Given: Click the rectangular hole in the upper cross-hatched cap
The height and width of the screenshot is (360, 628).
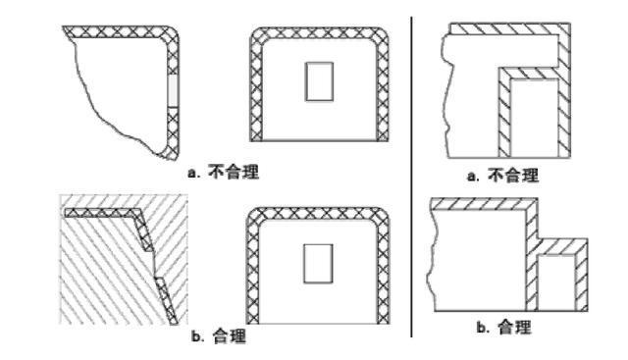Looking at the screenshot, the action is tap(319, 81).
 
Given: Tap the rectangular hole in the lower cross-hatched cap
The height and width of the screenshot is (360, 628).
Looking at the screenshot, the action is tap(318, 264).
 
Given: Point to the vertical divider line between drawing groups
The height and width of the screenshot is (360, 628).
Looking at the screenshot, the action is tap(411, 177).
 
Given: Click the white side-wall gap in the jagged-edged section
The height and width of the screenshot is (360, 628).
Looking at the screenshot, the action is tap(173, 90).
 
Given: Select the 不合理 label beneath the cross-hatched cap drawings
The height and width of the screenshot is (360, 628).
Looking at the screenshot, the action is tap(234, 173).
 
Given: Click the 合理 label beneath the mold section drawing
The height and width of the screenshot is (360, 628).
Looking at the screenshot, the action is tap(229, 336).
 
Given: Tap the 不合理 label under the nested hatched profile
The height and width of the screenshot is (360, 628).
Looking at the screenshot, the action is tap(513, 176).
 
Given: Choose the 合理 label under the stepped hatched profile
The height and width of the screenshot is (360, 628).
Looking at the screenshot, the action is tap(514, 328).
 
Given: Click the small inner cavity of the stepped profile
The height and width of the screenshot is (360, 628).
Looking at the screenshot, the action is tap(556, 283).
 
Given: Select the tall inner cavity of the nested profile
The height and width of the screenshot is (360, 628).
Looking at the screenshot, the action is tap(534, 118).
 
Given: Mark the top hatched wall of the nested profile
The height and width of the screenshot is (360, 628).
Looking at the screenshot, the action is tap(509, 28).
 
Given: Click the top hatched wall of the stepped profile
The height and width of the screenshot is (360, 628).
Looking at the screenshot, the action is tap(484, 204).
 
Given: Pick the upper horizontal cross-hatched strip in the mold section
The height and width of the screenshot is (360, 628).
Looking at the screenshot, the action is tap(102, 213).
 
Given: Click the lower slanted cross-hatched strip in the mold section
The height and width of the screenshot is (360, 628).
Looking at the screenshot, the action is tap(166, 300).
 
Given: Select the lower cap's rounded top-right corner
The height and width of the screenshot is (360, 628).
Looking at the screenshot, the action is tap(381, 217).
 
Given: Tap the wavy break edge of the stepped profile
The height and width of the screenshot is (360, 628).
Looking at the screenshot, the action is tap(432, 260).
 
